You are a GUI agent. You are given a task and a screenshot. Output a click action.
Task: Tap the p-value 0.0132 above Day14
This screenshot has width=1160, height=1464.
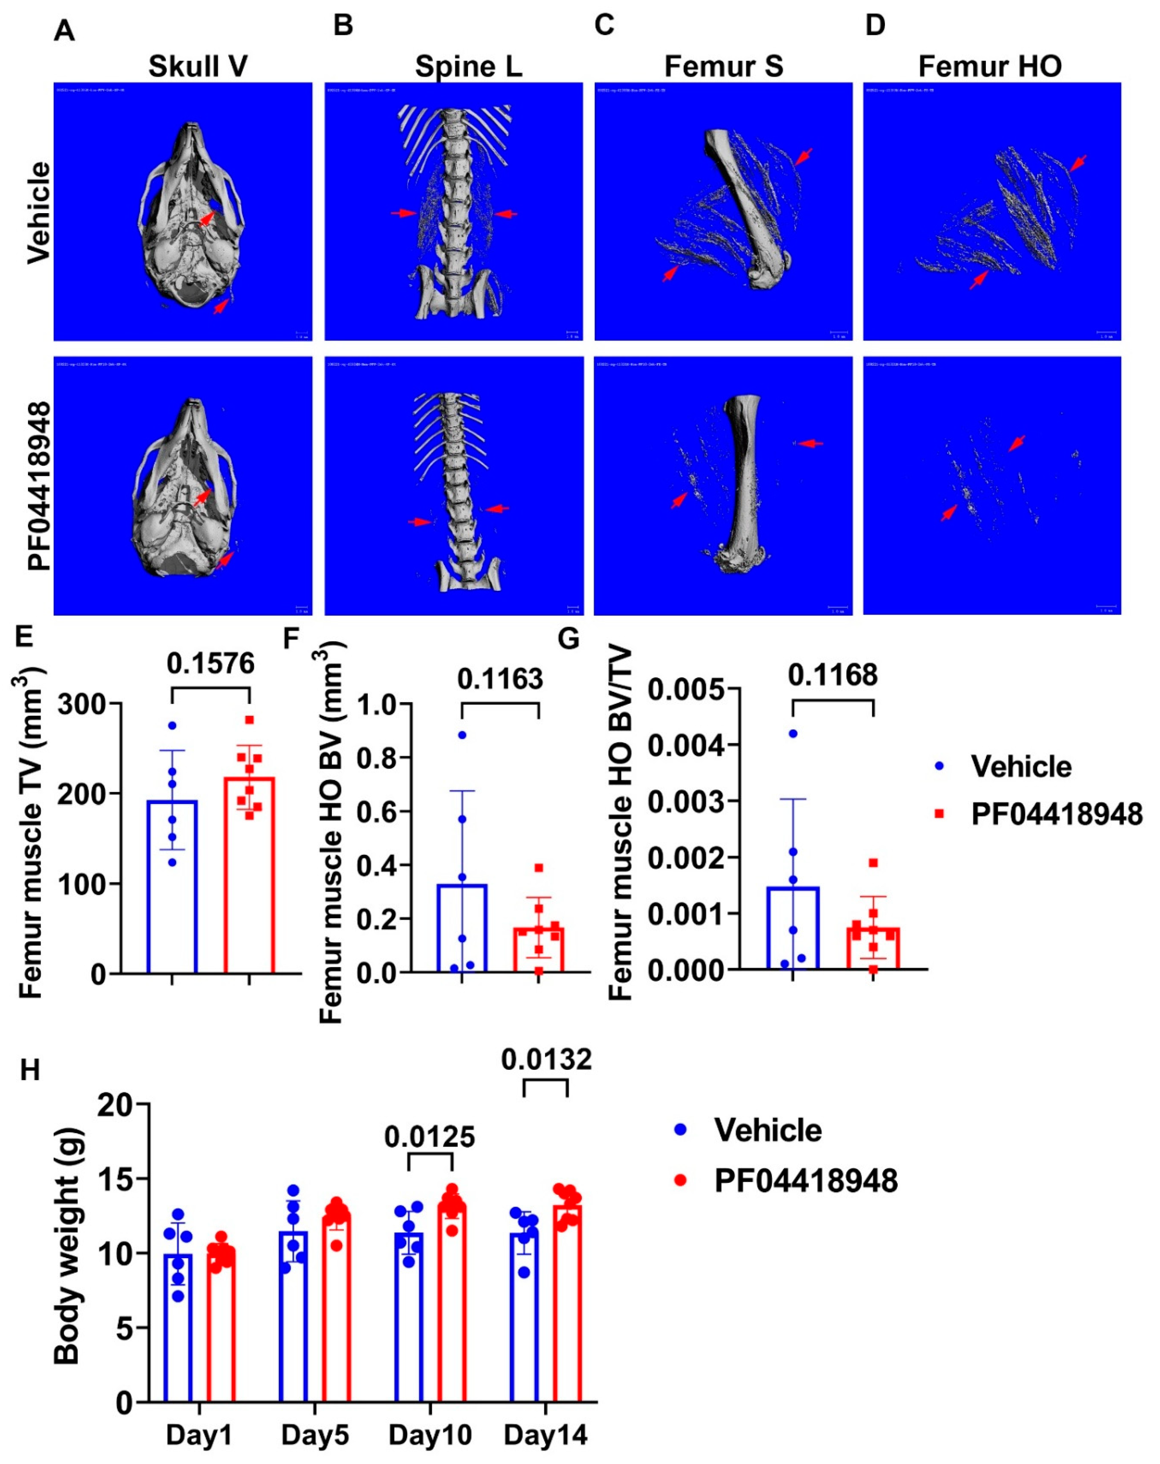click(x=546, y=1059)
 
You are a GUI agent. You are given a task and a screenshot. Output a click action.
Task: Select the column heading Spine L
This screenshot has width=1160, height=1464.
click(x=469, y=67)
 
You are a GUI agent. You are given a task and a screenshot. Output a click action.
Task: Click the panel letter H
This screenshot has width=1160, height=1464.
click(x=30, y=1071)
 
